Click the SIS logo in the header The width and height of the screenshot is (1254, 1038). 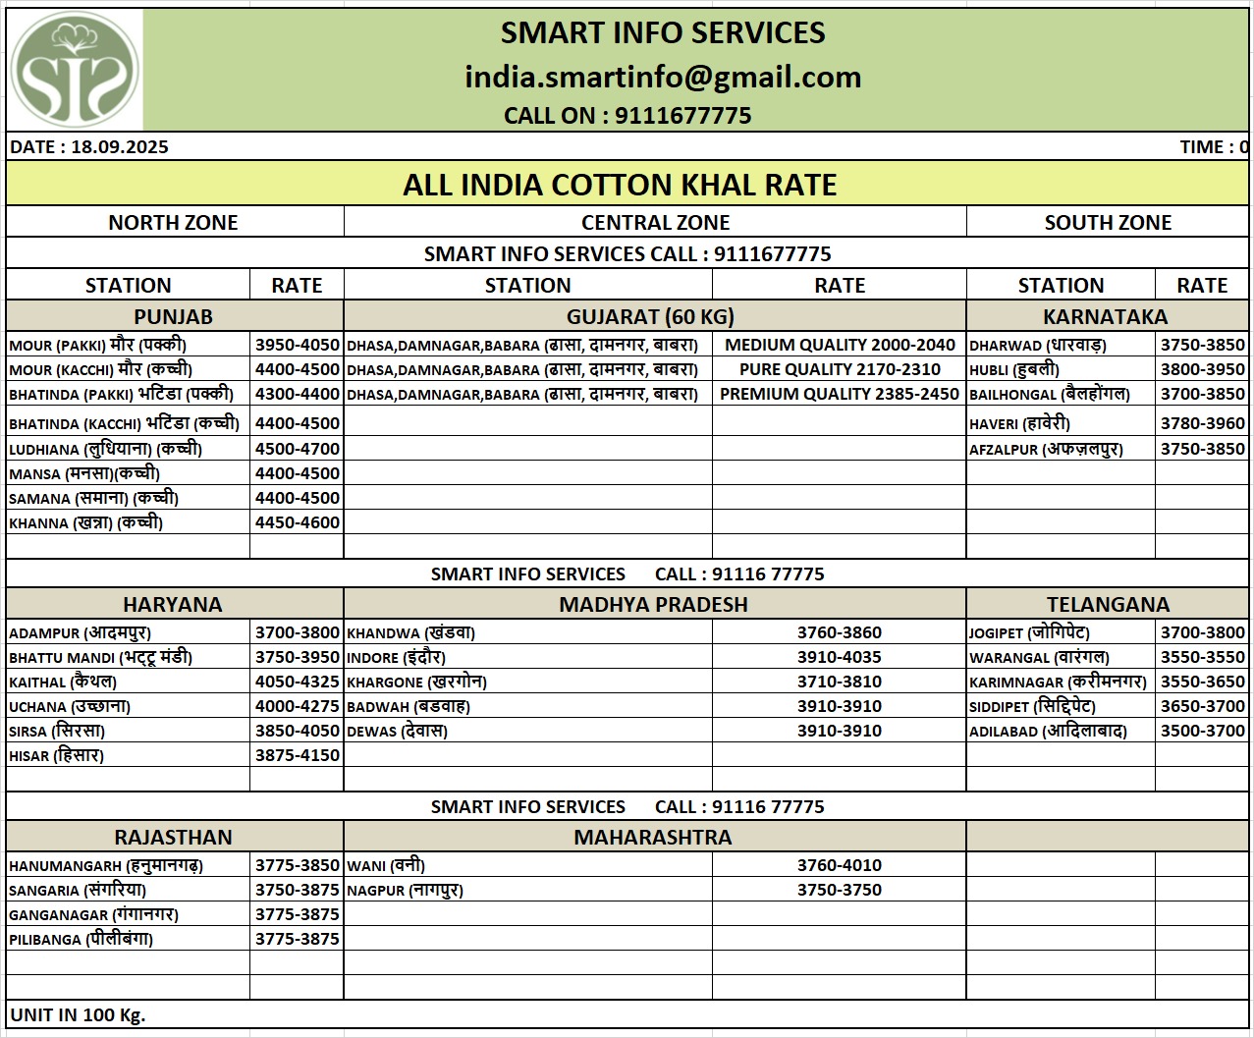tap(75, 70)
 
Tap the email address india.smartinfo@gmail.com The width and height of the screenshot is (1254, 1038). tap(663, 77)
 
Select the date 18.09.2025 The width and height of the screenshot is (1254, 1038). tap(120, 147)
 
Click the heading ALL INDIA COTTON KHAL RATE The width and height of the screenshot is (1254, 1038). tap(620, 185)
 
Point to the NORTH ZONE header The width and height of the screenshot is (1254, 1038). tap(173, 223)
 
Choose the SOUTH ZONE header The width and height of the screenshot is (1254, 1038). tap(1108, 223)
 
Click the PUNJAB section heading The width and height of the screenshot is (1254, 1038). tap(173, 316)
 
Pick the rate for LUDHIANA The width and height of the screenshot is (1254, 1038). tap(298, 449)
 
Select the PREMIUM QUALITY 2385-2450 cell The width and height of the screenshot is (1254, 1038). tap(839, 394)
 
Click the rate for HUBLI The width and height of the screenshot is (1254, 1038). tap(1202, 369)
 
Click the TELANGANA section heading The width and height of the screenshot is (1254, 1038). tap(1108, 604)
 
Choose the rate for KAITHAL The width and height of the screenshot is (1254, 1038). tap(298, 682)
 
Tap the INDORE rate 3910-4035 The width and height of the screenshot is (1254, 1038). tap(839, 657)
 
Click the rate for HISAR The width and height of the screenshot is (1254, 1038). tap(298, 755)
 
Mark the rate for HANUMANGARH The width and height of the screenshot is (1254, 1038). tap(298, 865)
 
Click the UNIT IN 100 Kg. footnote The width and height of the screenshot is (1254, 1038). tap(79, 1015)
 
